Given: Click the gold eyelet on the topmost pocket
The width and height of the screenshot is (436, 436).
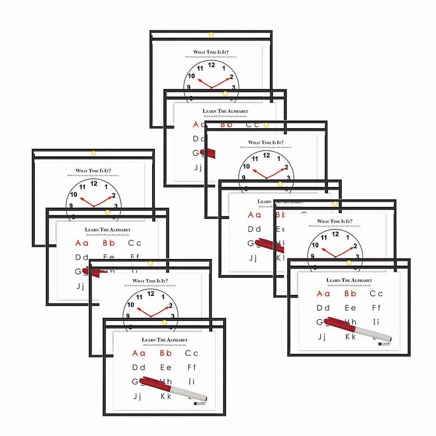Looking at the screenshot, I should pos(211,36).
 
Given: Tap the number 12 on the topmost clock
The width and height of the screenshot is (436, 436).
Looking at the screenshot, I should pos(211,64).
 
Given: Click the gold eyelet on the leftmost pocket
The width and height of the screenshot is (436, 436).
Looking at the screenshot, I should pos(93,153).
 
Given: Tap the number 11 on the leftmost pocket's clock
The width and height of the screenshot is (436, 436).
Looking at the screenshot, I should pos(82,186).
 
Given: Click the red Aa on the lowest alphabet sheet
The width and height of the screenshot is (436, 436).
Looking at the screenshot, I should pos(138,353).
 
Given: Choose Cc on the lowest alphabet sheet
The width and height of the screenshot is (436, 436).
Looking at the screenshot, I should pos(192,353).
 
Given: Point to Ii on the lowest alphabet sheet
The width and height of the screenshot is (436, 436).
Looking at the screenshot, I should pos(192,381).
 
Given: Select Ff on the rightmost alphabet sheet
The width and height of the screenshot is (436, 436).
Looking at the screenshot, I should pos(376,308).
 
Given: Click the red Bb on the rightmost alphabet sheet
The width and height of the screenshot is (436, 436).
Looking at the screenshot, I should pos(350,294).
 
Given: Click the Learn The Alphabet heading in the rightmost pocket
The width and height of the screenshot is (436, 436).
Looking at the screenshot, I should pos(349,280).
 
